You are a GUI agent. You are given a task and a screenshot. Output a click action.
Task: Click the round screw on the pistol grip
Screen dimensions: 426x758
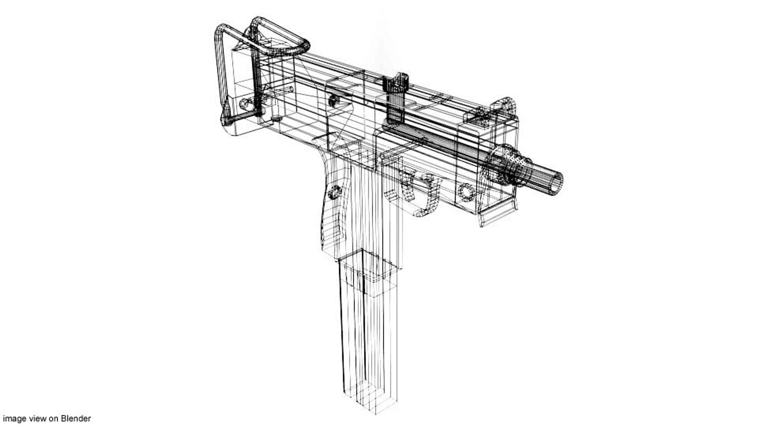[x=335, y=192]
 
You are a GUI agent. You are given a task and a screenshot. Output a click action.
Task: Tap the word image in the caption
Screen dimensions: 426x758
[x=13, y=419]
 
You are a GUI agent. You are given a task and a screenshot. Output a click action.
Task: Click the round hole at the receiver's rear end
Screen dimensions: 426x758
[x=246, y=105]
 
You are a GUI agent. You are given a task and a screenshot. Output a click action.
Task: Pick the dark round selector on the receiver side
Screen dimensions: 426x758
[x=334, y=100]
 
